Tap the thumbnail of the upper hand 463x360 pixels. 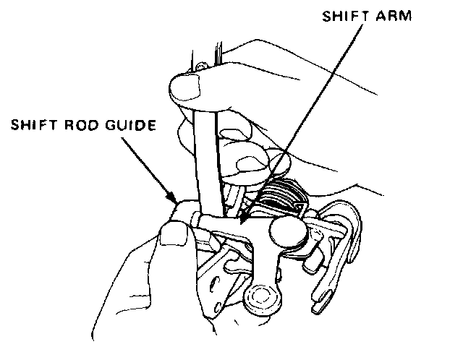pyautogui.click(x=184, y=89)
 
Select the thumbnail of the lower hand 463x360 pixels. pyautogui.click(x=173, y=233)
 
